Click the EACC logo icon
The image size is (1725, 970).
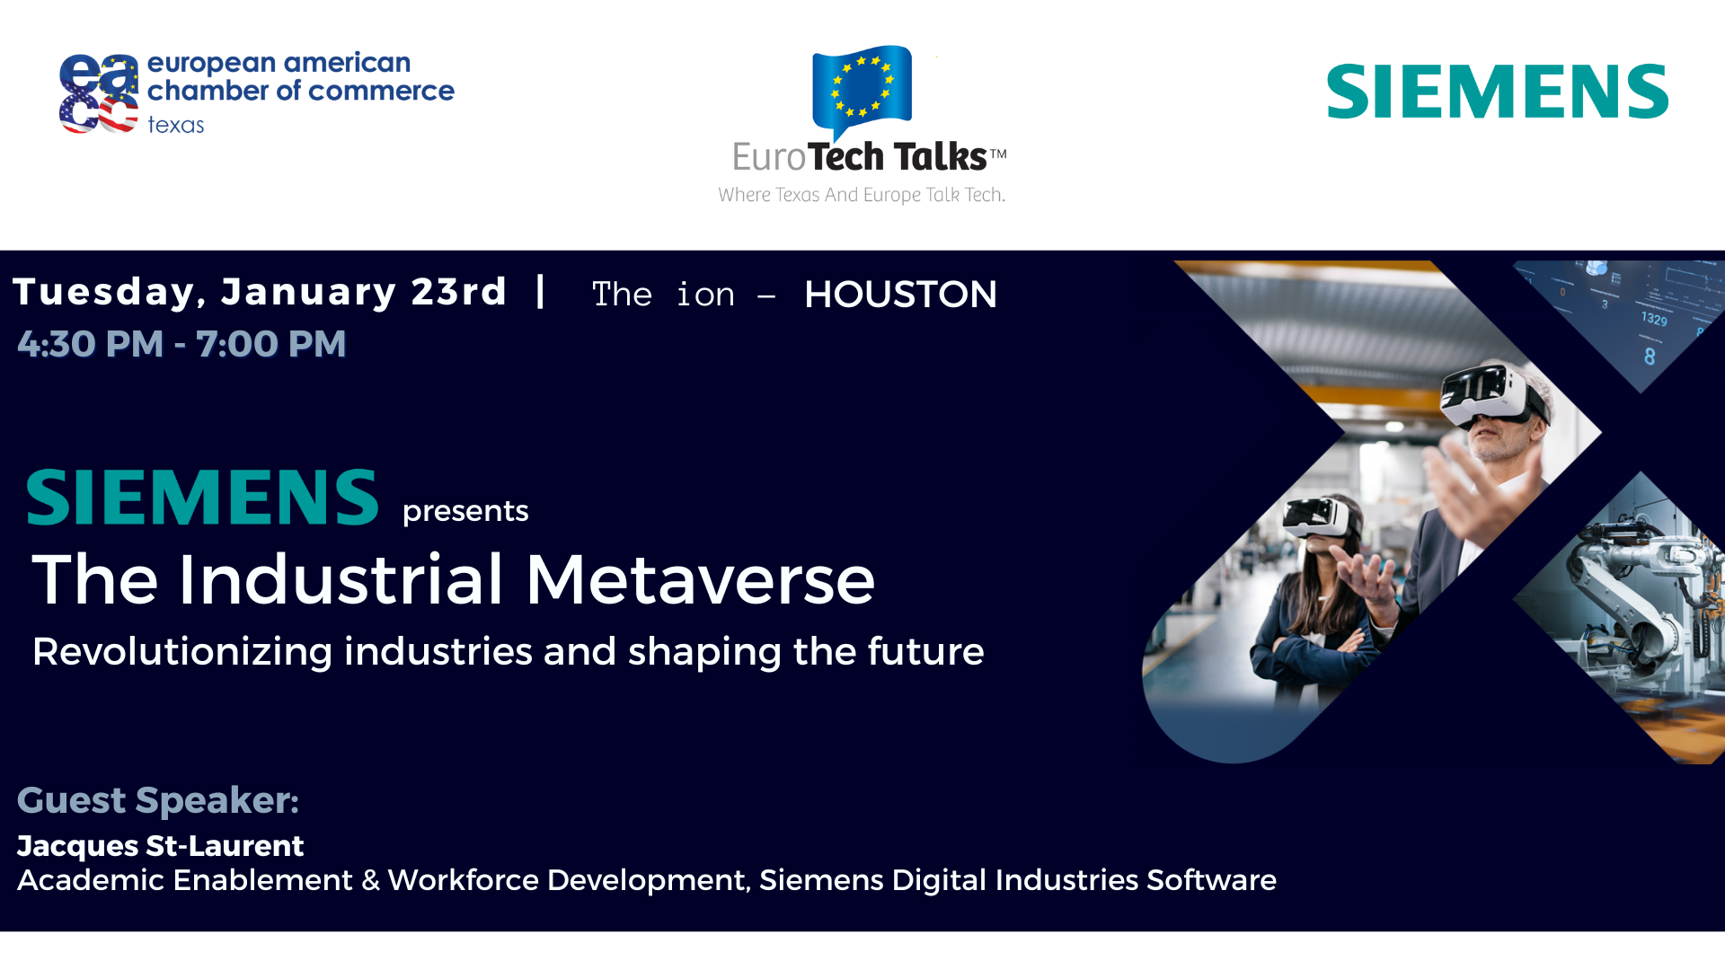pos(99,93)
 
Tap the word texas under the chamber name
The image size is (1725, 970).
pos(176,125)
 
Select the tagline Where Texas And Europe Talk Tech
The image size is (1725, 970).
pos(862,195)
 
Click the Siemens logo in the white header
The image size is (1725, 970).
pos(1498,91)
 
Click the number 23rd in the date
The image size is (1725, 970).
pos(459,291)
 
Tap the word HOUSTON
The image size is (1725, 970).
pos(900,295)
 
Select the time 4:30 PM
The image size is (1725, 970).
pos(91,344)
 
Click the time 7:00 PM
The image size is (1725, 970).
pos(271,344)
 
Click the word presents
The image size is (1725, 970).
pos(465,512)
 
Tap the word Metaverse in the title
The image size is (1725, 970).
pos(701,579)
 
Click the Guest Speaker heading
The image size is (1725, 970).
pos(158,800)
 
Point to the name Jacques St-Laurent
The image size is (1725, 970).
pos(161,846)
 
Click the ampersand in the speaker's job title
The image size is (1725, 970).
pos(371,881)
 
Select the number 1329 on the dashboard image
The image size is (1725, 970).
pos(1654,318)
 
